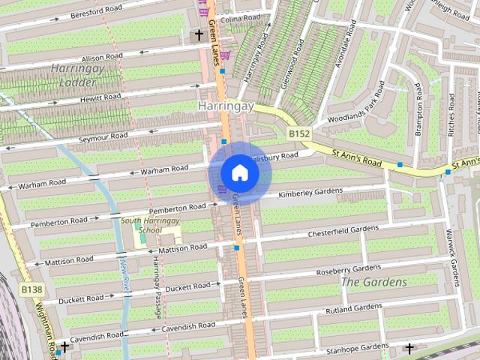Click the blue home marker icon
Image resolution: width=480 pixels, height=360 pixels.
[x=239, y=173]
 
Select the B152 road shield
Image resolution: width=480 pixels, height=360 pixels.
[x=299, y=133]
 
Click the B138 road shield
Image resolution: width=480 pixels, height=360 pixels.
[x=31, y=289]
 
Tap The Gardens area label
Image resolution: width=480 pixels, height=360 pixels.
[x=374, y=282]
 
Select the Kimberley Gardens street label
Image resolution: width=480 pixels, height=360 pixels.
[x=310, y=193]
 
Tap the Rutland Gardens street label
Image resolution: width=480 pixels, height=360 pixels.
[x=352, y=308]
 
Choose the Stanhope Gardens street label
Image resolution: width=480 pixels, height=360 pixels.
[x=356, y=348]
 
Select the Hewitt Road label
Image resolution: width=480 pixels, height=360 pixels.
[x=102, y=97]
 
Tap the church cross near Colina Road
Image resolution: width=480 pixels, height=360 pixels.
[x=199, y=34]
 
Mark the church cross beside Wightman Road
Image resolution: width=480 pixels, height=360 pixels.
[x=64, y=346]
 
